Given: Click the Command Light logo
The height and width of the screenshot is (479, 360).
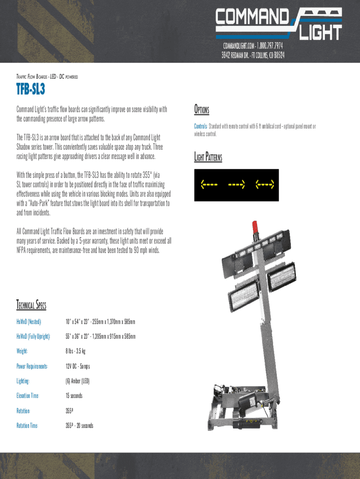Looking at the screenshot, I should coord(278,24).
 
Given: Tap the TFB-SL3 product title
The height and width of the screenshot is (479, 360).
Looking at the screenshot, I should coord(34,89).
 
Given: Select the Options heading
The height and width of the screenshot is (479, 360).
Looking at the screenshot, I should coord(202,110).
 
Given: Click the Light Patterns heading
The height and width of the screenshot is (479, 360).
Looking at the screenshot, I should coord(208,157).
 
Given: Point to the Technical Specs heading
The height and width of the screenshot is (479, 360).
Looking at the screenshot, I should coord(31,305).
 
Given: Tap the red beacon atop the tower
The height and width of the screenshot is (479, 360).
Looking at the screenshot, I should coord(255,227).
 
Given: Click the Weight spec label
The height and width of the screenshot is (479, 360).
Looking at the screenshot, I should coord(22,351).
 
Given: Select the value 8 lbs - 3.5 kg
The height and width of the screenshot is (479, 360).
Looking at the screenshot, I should coord(75,351).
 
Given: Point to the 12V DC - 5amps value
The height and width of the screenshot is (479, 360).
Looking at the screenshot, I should coord(80,366).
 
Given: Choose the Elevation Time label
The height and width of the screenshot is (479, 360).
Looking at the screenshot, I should coord(28,396).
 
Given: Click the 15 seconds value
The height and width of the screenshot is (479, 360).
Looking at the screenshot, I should coord(74,396).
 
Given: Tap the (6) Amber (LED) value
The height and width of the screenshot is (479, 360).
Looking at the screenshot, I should coord(77,381).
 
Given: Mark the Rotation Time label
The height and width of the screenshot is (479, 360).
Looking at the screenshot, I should coord(27,426).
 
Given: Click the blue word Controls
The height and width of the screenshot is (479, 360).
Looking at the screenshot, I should coord(201,126).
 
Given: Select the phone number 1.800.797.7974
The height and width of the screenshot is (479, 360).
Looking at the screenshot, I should coord(266,46).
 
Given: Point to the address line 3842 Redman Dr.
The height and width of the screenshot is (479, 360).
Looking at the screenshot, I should coord(253,55).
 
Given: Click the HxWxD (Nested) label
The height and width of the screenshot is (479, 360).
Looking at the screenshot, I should coord(29,322).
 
